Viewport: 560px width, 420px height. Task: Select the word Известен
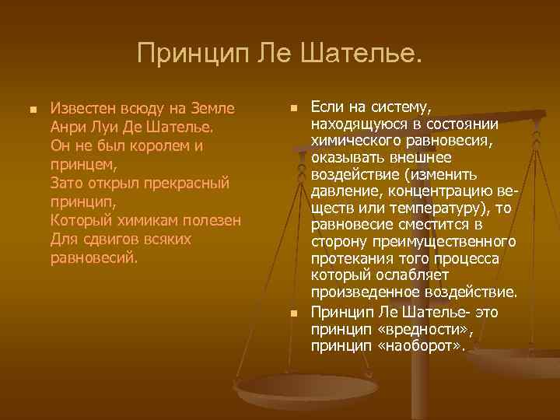[x=80, y=107]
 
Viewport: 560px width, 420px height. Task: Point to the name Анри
[x=67, y=126]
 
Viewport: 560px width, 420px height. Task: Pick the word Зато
[x=66, y=182]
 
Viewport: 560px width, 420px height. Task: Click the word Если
[x=326, y=106]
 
